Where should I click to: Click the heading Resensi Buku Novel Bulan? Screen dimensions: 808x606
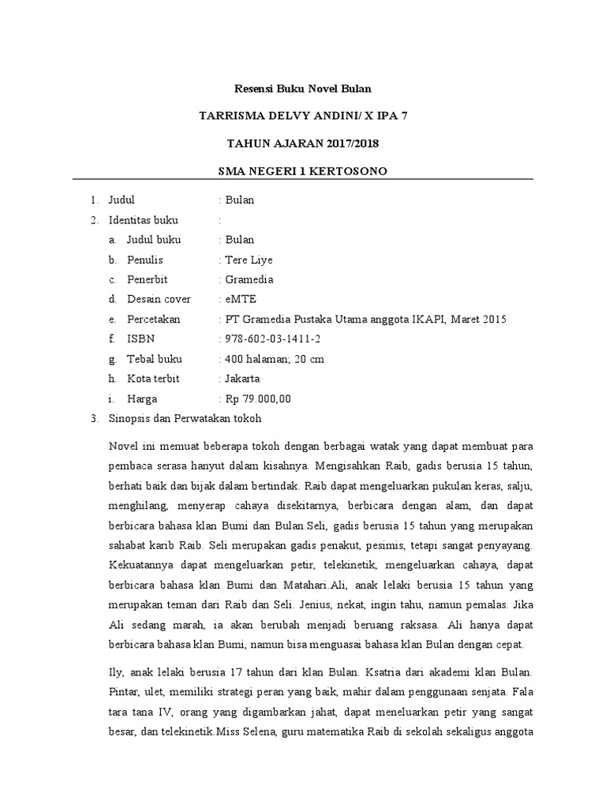(x=303, y=88)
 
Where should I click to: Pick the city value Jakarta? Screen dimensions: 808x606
(x=242, y=378)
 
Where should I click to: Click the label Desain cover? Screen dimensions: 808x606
(x=159, y=299)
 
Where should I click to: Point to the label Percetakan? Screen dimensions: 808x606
(x=154, y=319)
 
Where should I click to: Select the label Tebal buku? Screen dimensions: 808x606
(x=155, y=358)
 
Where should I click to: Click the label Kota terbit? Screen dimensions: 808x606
(x=154, y=378)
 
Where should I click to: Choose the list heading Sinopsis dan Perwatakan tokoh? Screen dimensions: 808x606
(x=184, y=417)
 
